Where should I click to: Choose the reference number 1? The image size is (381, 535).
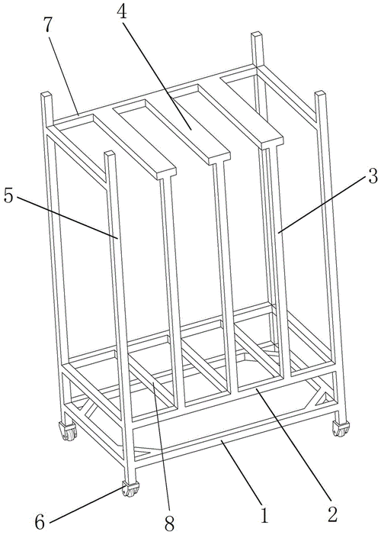tap(264, 516)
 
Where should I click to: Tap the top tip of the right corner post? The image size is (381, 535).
tap(320, 93)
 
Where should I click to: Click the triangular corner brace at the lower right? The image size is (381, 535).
tap(322, 397)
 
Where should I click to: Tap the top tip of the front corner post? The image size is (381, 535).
tap(110, 154)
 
